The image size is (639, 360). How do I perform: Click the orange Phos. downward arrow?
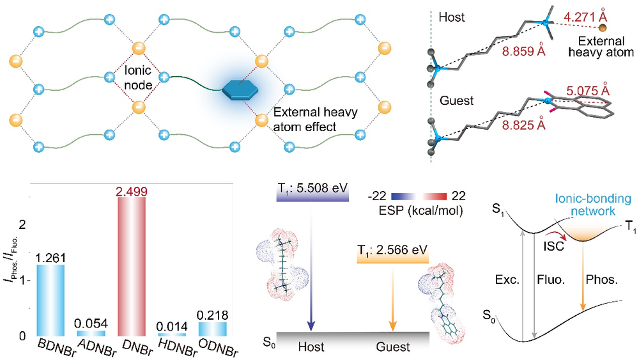[583, 279]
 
